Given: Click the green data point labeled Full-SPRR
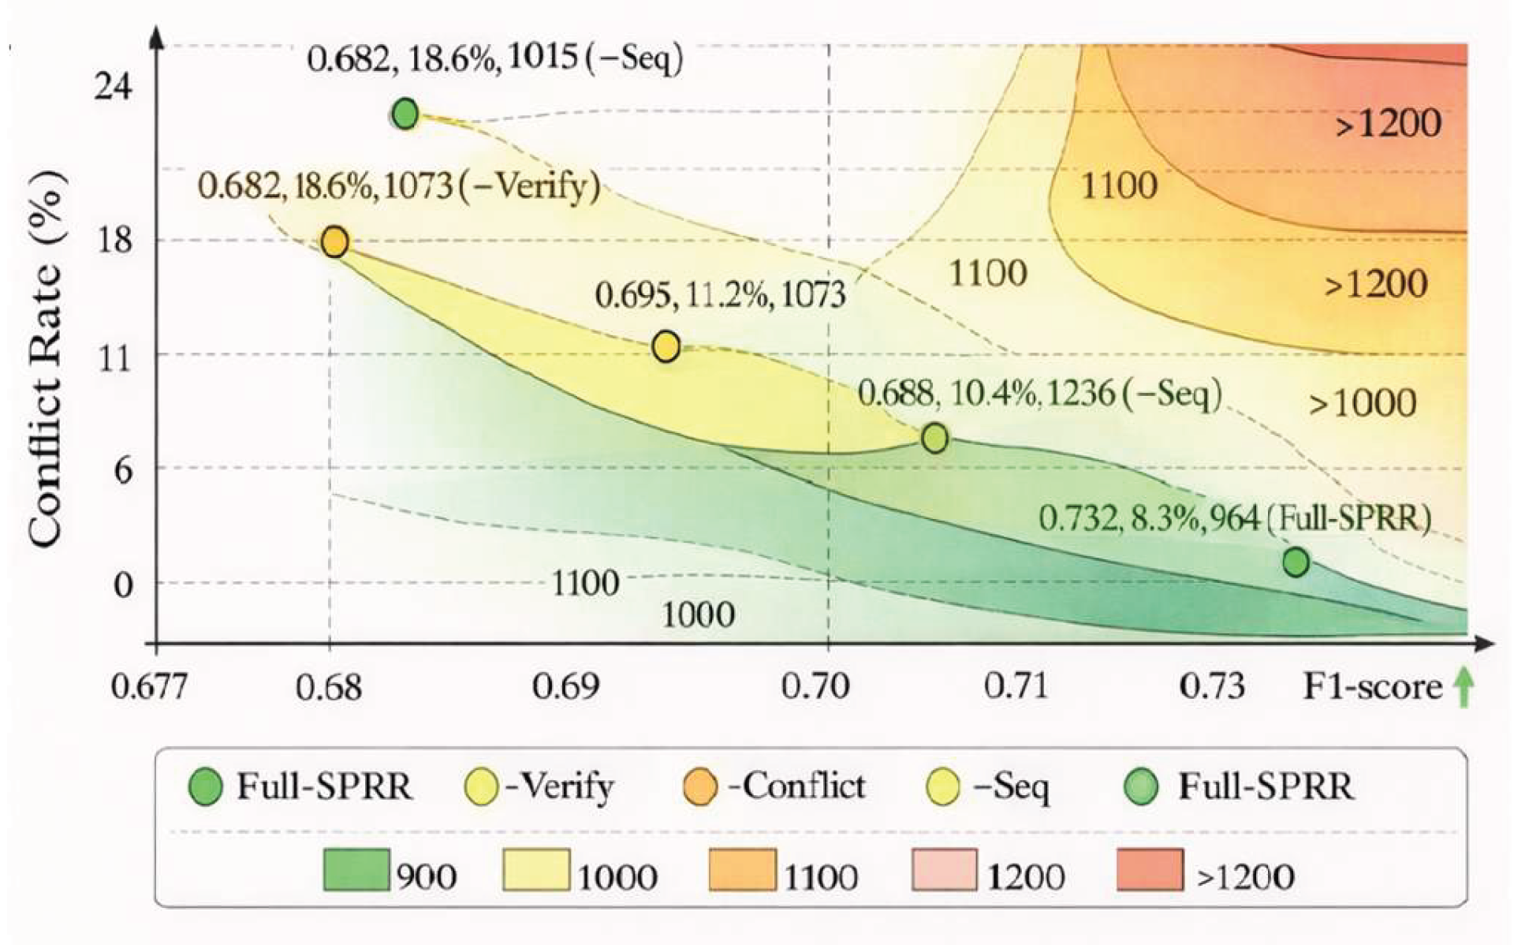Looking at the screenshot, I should pos(1296,562).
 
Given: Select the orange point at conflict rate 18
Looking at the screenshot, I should pos(334,241).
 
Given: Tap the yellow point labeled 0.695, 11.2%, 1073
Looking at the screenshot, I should pos(666,346).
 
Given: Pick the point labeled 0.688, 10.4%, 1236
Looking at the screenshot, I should pos(934,437).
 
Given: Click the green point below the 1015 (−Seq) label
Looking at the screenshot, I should pos(405,114).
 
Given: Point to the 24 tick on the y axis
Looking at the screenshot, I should pos(113,87).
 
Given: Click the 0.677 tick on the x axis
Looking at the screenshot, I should pos(149,687).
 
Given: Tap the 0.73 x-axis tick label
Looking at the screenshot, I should pos(1212,687).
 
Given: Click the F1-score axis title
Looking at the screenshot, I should pos(1372,687).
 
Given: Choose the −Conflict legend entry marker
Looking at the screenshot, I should pos(699,787).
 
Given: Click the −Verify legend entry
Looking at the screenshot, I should pos(539,787).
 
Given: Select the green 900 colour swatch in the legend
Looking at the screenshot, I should pos(356,869).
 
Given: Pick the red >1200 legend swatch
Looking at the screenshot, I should pos(1150,869).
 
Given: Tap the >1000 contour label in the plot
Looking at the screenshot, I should pos(1363,404).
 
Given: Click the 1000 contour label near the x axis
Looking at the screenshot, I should pos(698,614).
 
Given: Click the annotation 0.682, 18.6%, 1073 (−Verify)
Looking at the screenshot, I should pos(398,187).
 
